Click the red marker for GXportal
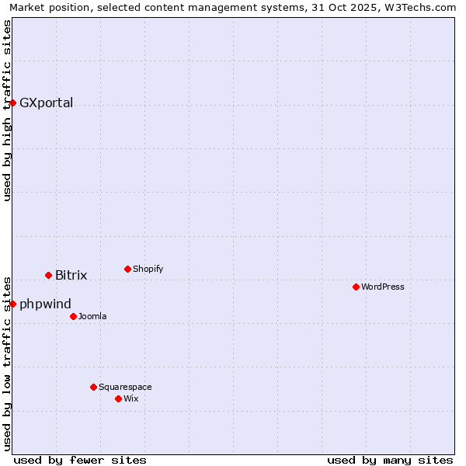[x=12, y=103]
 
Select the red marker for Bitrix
[x=48, y=275]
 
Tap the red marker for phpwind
[x=12, y=304]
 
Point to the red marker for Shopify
[x=127, y=269]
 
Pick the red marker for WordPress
[x=356, y=287]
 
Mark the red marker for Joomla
[x=73, y=316]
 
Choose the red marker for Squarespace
[x=93, y=387]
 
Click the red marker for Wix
[x=118, y=398]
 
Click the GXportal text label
[x=46, y=103]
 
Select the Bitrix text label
[x=71, y=275]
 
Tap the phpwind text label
[x=45, y=304]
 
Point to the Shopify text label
[x=148, y=269]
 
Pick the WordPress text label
[x=382, y=287]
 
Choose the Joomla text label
[x=92, y=316]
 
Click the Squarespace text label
[x=125, y=387]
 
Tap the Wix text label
[x=130, y=398]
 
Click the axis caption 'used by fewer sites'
[x=80, y=460]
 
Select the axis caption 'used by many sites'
[x=390, y=460]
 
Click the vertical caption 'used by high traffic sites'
[x=8, y=110]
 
